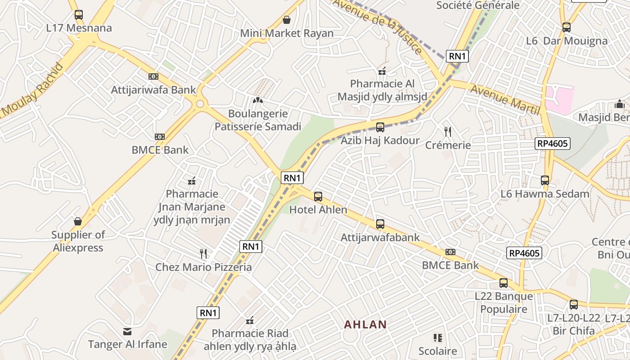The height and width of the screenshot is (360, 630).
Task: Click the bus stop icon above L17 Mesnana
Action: coord(79,15)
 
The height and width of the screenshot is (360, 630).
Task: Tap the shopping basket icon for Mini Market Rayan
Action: coord(287,20)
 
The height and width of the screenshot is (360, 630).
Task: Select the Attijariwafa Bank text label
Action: coord(153,90)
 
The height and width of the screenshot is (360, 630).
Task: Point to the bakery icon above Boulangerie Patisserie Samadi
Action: coord(257,100)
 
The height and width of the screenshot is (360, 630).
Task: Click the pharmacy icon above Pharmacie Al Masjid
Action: coord(382,71)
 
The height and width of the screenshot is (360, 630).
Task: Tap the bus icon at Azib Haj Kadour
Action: coord(380,127)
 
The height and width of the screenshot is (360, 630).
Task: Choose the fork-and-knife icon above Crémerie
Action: coord(448,131)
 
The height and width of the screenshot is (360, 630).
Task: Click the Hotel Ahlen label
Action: coord(318,210)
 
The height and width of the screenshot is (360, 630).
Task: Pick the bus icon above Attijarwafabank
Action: coord(380,224)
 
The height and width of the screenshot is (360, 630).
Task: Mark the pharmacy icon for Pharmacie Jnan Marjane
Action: coord(192,181)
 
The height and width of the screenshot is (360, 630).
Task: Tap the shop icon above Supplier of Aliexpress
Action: coord(78,221)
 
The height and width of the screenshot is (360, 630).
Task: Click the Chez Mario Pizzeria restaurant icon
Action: coord(203,254)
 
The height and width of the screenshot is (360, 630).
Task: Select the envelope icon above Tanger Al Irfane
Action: coord(127,332)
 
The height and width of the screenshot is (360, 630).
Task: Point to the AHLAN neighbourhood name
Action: coord(365,324)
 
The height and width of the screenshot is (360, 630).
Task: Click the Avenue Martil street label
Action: coord(504,99)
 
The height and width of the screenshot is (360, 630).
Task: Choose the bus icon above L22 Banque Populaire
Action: coord(504,283)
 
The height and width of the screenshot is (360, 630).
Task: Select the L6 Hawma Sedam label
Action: coord(545,194)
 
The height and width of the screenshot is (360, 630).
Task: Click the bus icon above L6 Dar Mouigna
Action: coord(567,27)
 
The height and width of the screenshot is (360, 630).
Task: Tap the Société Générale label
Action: coord(478,5)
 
